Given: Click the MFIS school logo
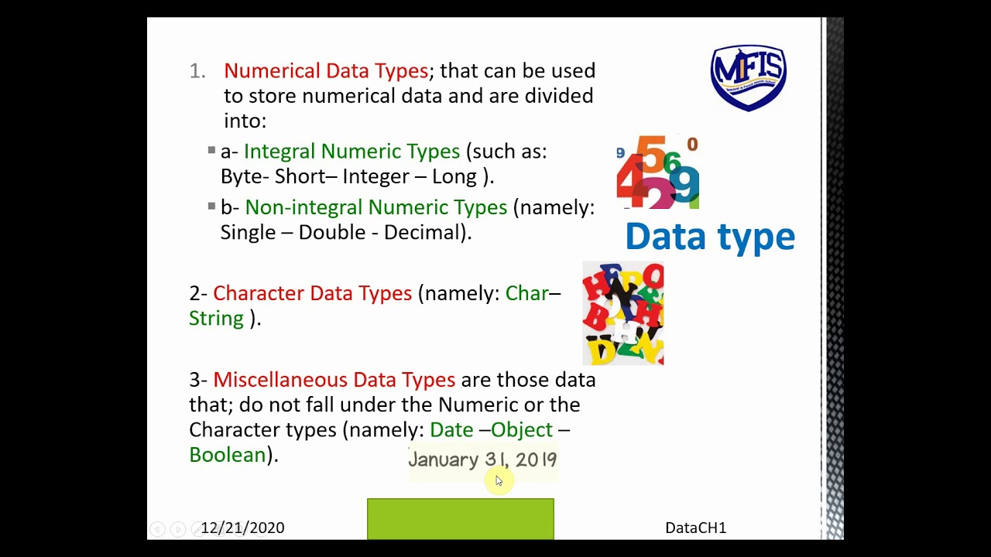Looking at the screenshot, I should tap(748, 77).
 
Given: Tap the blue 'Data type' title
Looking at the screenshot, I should tap(709, 237).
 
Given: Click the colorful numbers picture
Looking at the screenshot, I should tap(658, 172).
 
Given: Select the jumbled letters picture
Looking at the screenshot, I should tap(623, 313).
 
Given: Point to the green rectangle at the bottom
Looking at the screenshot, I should tap(461, 518).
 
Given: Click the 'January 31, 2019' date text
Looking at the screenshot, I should tap(482, 460).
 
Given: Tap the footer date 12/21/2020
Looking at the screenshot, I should tap(242, 528).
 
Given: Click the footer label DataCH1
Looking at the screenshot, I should tap(695, 528).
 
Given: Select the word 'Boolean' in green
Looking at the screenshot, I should tap(228, 455).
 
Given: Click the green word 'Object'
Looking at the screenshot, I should tap(522, 429).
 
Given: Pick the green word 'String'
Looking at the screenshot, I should tap(216, 319).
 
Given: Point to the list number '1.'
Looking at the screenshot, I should tap(197, 71).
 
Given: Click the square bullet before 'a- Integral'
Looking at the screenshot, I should tap(211, 151).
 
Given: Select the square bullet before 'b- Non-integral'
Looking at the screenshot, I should tap(211, 207).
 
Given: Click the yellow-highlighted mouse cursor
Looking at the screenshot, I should tap(497, 481).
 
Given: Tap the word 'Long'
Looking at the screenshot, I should tap(454, 176).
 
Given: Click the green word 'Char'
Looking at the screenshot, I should tap(526, 293).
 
